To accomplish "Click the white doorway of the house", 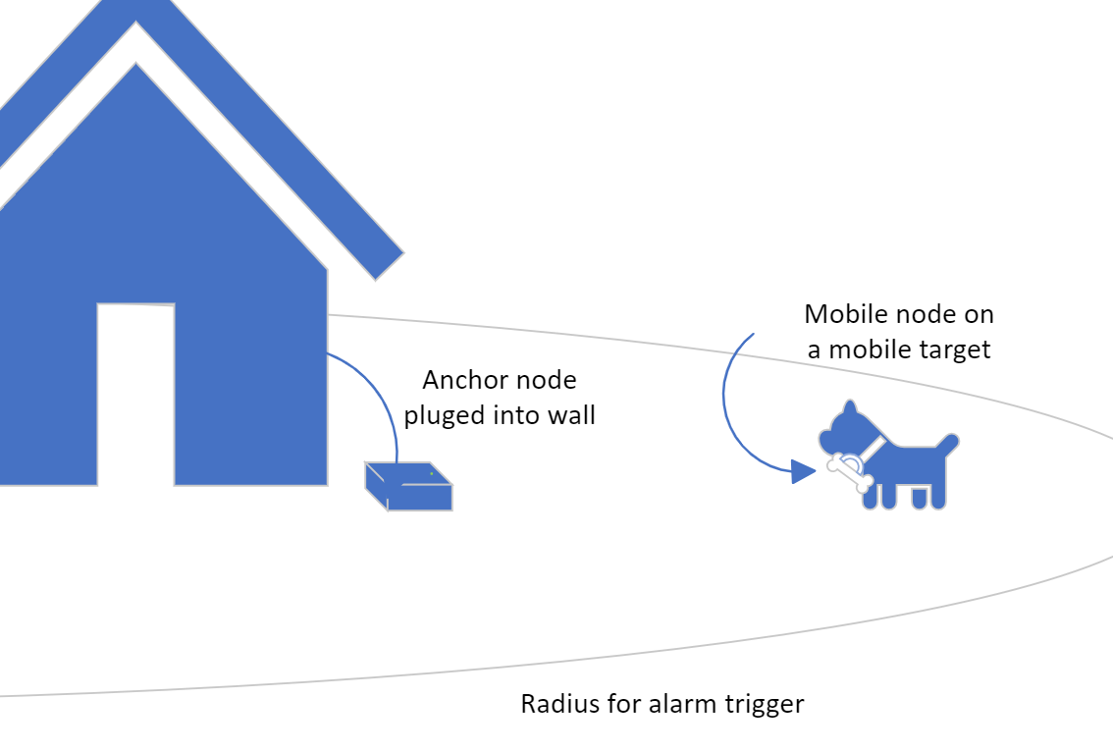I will point(135,393).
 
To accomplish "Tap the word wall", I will point(574,414).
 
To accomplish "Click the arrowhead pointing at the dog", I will point(804,472).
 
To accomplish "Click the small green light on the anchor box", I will point(431,472).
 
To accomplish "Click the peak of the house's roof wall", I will point(136,66).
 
